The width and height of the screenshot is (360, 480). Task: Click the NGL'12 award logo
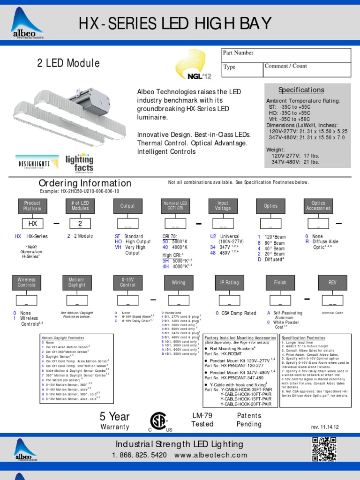(x=190, y=66)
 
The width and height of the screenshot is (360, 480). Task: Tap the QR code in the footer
(x=324, y=449)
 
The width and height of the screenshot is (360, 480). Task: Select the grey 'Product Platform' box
(x=32, y=206)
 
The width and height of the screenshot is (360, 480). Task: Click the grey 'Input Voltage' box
(x=223, y=206)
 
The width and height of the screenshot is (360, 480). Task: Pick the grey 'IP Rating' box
(x=229, y=283)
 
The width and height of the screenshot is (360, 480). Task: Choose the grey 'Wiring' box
(x=179, y=283)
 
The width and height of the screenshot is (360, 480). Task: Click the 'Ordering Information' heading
(x=85, y=183)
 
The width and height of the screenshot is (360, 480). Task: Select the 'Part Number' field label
(x=238, y=53)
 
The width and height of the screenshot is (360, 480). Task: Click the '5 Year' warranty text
(x=114, y=417)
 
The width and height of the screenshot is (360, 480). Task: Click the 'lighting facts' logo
(x=79, y=162)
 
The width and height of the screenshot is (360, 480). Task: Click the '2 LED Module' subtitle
(x=68, y=63)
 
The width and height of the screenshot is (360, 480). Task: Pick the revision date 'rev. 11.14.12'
(x=324, y=427)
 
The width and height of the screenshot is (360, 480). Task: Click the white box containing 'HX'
(x=32, y=224)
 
